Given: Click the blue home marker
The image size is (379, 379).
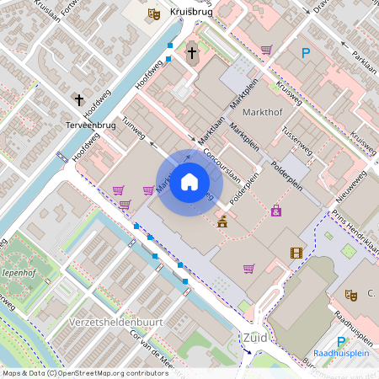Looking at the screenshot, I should [189, 183].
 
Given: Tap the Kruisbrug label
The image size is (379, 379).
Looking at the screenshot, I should [189, 13].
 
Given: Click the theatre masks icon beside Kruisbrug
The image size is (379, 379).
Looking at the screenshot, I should [153, 13].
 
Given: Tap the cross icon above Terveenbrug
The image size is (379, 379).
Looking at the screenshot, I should [80, 100].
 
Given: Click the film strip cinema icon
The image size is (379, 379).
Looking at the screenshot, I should [296, 253].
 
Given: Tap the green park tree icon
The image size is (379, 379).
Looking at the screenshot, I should [348, 250].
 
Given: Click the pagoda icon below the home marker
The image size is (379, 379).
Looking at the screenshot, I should [222, 222].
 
